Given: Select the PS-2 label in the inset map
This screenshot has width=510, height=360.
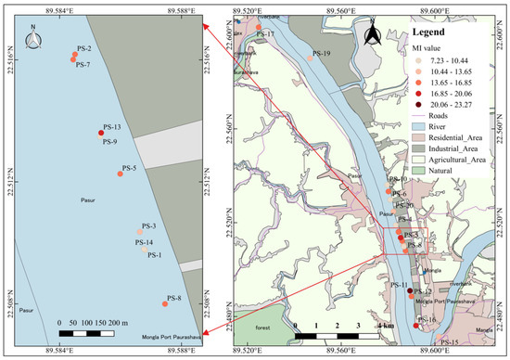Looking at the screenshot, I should [83, 47].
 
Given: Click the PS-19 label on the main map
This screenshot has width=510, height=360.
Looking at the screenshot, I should [322, 53].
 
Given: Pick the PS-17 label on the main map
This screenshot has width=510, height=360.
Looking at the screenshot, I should [264, 33].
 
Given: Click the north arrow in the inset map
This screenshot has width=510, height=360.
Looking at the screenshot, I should [33, 38].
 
